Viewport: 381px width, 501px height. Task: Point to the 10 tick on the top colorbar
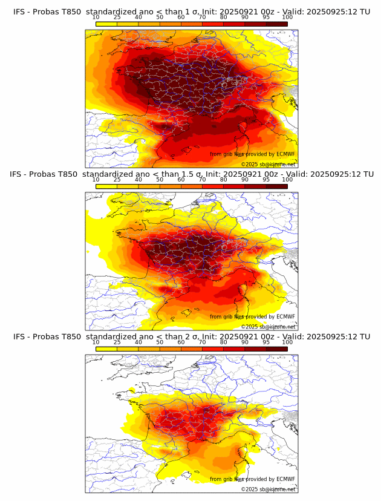(x=96, y=18)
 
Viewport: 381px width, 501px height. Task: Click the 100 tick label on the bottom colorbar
(x=287, y=342)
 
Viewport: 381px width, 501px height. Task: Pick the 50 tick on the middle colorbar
(x=160, y=180)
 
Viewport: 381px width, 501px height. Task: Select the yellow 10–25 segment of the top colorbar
(x=106, y=24)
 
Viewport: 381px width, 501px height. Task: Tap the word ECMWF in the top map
(x=285, y=154)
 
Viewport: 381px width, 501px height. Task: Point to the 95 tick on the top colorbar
(x=266, y=18)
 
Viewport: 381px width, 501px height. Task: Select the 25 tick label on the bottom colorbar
(x=117, y=342)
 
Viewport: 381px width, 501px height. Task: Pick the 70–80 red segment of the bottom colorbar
(x=213, y=349)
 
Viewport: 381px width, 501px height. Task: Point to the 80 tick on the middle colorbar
(x=224, y=180)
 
